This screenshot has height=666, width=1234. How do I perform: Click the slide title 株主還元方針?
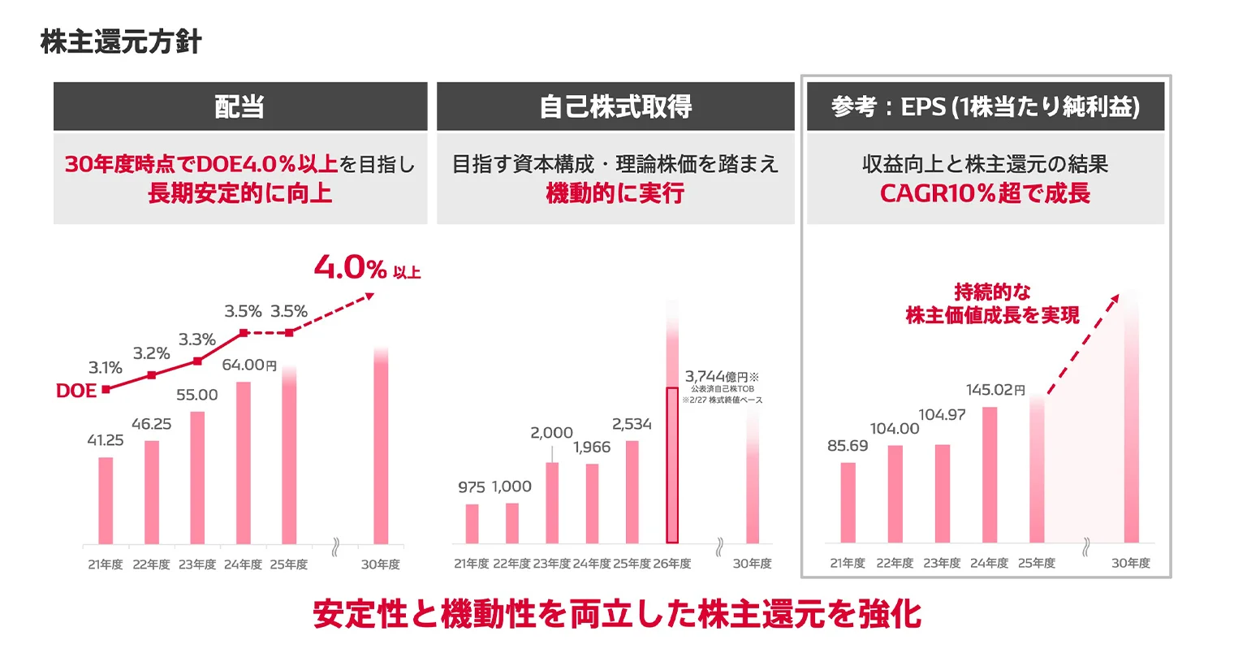point(121,41)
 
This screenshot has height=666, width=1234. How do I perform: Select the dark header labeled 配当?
point(239,106)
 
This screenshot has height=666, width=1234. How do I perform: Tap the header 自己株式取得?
point(615,106)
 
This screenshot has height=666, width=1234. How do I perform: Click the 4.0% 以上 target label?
point(366,268)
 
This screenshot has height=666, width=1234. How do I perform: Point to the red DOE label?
point(76,391)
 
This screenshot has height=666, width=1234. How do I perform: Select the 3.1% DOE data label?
point(105,368)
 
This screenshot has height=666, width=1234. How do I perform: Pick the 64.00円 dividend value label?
point(249,365)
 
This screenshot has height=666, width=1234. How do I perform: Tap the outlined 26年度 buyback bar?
point(672,465)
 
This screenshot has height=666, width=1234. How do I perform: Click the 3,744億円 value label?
point(721,377)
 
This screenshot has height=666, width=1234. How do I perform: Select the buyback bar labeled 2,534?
point(632,491)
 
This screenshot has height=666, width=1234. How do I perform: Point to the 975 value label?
point(471,487)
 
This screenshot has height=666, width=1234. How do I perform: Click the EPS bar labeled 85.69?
point(848,502)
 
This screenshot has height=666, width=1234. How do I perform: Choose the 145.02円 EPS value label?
point(995,390)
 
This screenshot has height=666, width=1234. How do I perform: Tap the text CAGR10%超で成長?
point(985,193)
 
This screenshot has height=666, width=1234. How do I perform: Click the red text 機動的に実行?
point(615,193)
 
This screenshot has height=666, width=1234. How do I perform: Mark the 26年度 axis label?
point(672,564)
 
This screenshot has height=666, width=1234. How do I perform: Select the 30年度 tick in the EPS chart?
point(1130,563)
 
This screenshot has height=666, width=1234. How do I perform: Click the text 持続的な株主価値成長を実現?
point(992,304)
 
